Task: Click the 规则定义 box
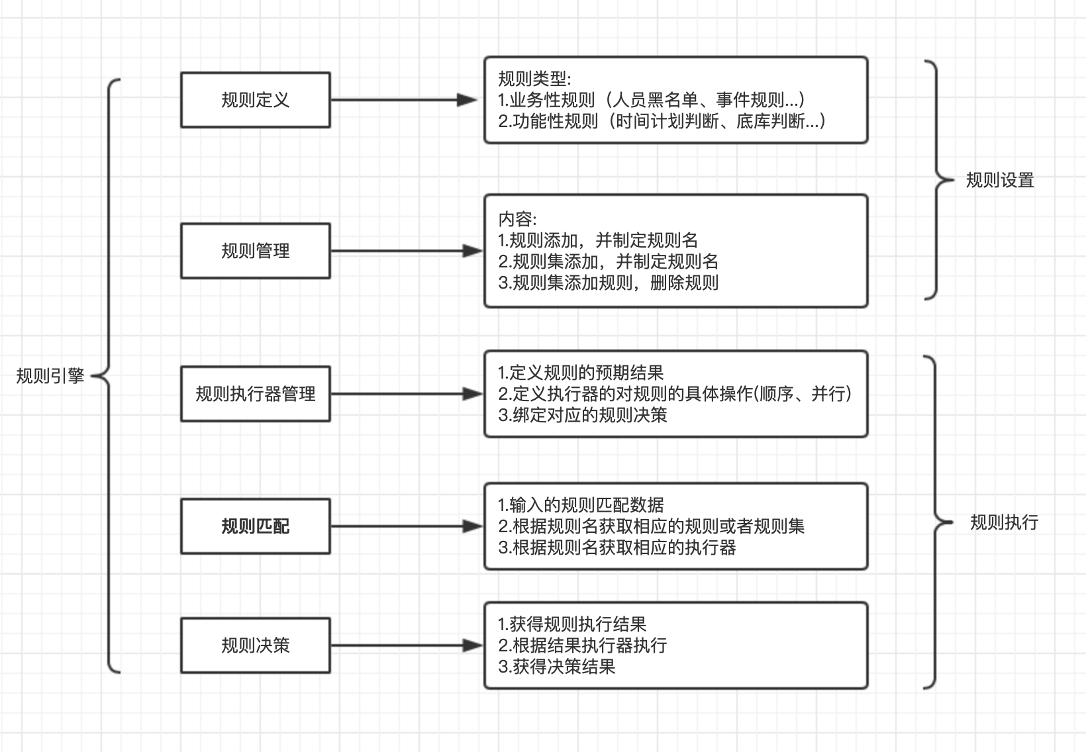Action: pos(255,100)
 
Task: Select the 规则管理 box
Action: pos(255,251)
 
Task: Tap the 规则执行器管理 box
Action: pos(255,394)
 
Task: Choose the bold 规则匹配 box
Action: pos(255,526)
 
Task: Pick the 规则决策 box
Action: pos(255,645)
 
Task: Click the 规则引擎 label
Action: pos(50,376)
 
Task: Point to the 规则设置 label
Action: pos(999,180)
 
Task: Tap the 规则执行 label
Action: pos(1004,522)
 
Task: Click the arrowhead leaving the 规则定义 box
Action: pos(468,100)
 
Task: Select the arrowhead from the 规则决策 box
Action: pos(473,645)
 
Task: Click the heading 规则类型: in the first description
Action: pos(534,79)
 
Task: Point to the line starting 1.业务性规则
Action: pos(652,100)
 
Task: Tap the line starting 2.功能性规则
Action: pos(662,121)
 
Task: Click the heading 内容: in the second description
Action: pos(517,219)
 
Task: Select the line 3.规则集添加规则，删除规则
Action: pos(608,283)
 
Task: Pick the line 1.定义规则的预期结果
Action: pos(580,373)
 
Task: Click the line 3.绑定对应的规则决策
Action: pos(583,415)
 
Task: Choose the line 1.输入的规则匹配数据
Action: pos(580,505)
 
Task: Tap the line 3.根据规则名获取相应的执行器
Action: pos(617,547)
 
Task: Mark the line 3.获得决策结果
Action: pos(556,667)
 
